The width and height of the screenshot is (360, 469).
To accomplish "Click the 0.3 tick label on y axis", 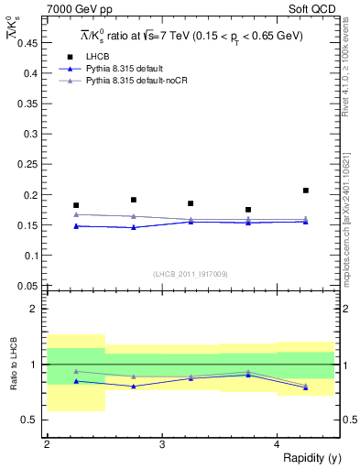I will pyautogui.click(x=31, y=135).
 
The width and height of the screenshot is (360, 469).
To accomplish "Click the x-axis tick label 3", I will pyautogui.click(x=161, y=444).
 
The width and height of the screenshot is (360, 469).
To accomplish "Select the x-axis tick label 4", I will pyautogui.click(x=277, y=444).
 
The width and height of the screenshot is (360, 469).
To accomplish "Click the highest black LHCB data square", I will pyautogui.click(x=306, y=191).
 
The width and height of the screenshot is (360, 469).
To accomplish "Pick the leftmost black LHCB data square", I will pyautogui.click(x=76, y=205).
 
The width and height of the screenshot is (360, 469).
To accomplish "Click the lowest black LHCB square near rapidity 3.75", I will pyautogui.click(x=248, y=210).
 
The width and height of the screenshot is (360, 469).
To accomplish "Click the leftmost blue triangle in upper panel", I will pyautogui.click(x=76, y=225).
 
